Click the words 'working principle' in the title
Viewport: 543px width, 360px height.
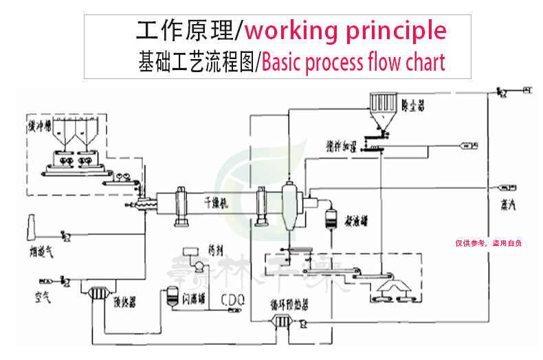pos(345,31)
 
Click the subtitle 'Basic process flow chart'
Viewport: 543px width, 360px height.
pos(353,63)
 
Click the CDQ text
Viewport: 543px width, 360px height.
pos(233,300)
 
